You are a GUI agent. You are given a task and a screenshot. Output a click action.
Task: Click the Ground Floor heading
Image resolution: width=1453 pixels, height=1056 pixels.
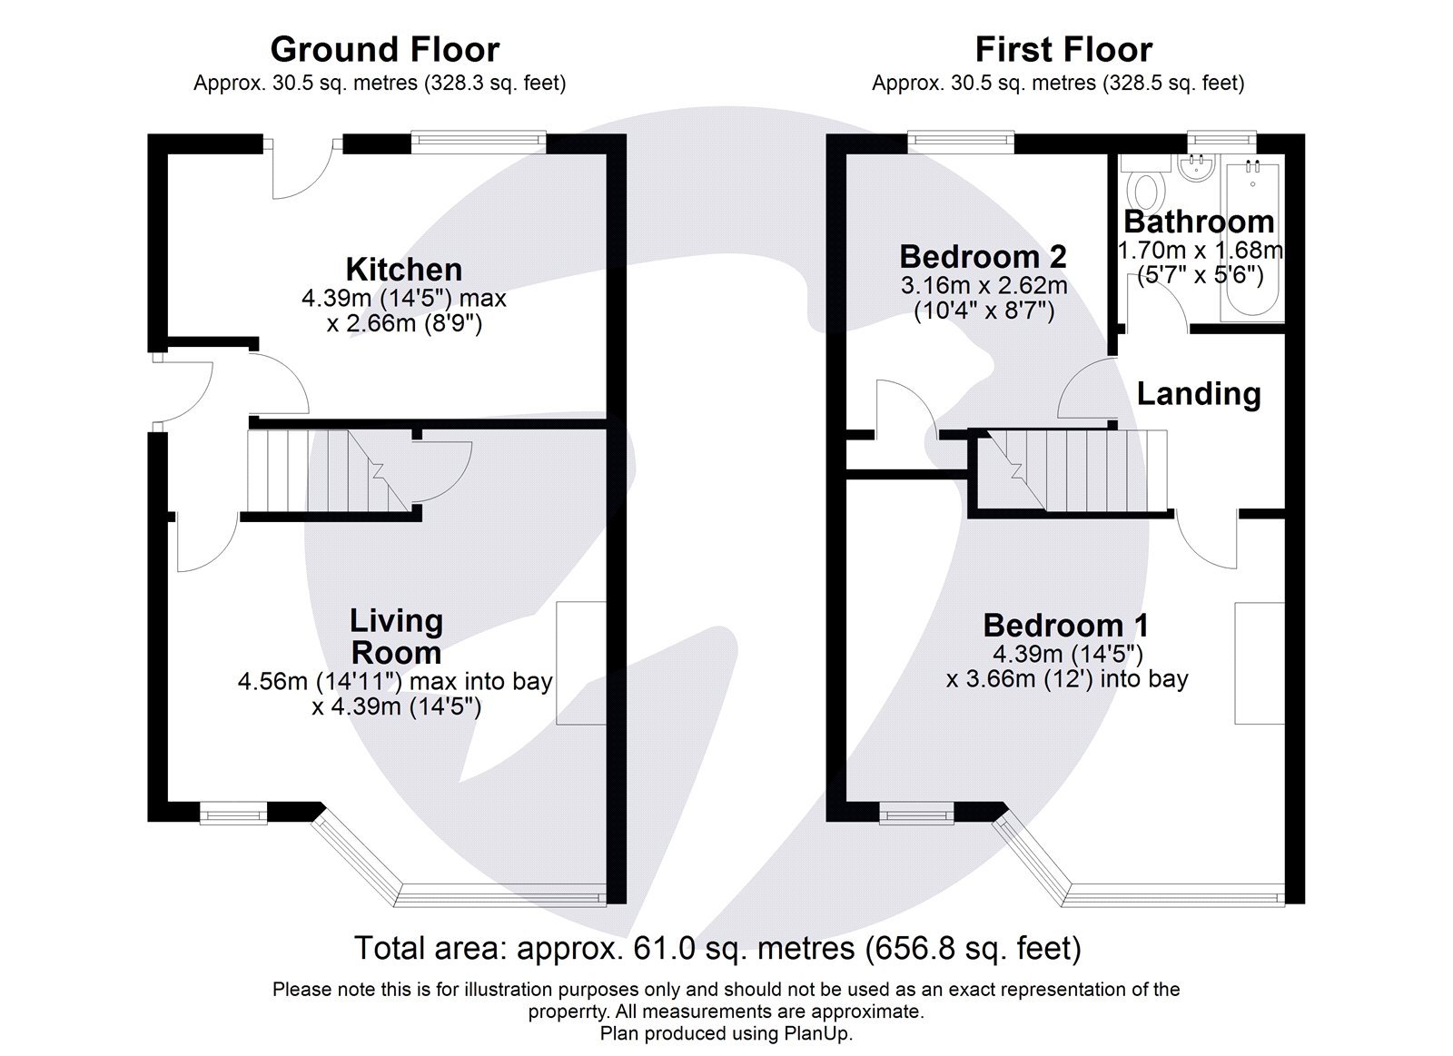click(385, 49)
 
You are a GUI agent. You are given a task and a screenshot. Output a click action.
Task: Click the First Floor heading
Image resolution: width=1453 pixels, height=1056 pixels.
click(1063, 49)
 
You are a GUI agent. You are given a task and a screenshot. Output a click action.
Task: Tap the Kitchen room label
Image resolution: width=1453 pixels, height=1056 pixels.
click(404, 270)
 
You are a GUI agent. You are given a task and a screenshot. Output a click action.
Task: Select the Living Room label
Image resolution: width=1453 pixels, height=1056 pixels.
click(397, 637)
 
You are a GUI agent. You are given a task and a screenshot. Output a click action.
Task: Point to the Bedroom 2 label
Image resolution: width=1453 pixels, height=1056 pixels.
click(983, 257)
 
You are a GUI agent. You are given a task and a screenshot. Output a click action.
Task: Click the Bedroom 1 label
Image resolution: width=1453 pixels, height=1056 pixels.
click(1065, 626)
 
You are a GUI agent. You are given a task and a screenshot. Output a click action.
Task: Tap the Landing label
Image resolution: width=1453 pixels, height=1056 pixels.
click(1199, 394)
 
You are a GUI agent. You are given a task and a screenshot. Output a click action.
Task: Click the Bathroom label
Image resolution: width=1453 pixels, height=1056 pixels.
click(1199, 222)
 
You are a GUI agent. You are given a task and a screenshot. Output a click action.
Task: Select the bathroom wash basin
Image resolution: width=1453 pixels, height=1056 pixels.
click(1196, 168)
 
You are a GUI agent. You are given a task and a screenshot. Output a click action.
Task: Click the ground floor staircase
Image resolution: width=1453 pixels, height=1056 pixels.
click(327, 471)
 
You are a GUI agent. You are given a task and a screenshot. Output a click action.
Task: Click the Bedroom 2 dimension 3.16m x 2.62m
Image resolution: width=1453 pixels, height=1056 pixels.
click(983, 286)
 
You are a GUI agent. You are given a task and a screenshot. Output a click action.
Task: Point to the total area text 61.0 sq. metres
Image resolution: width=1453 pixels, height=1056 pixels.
click(717, 948)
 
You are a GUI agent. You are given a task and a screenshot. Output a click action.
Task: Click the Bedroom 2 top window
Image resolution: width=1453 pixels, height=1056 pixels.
click(960, 140)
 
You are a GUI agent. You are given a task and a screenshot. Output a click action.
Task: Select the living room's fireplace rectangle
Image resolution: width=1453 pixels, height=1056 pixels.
click(581, 663)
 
